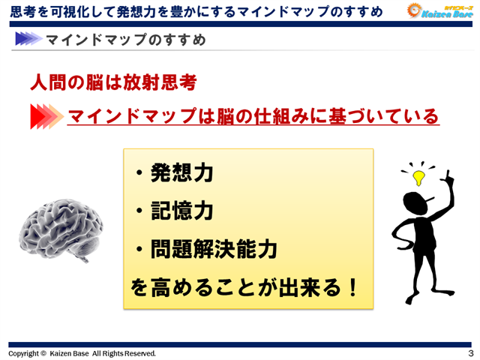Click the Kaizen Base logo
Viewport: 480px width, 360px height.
tap(438, 10)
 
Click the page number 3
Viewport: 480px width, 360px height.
tap(470, 352)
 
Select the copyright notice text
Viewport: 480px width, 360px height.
tap(82, 352)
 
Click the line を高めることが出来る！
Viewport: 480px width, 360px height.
tap(244, 286)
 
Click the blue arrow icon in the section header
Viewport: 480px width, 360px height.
tap(26, 39)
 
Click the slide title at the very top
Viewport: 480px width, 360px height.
tap(195, 10)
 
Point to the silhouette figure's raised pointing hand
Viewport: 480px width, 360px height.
tap(450, 178)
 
